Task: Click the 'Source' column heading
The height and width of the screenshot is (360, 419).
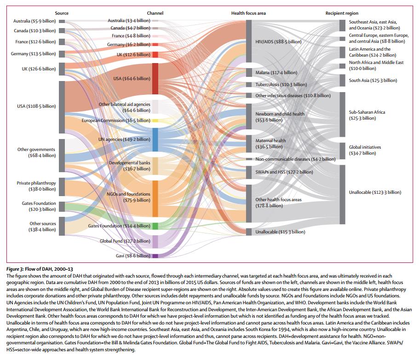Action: [62, 13]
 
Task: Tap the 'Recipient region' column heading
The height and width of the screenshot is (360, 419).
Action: [342, 13]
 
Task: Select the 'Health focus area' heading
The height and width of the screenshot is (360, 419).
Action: [248, 13]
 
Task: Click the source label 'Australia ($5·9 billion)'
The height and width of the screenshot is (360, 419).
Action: [34, 21]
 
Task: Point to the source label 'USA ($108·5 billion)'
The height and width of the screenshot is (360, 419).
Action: [36, 106]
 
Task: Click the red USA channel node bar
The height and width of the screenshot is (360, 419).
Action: [155, 79]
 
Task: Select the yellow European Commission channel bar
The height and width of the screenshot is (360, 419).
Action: [155, 121]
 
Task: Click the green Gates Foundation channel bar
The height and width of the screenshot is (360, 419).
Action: [155, 226]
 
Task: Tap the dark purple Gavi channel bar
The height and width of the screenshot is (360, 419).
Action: [155, 256]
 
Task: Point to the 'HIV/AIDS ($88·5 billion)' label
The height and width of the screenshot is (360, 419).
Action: [278, 42]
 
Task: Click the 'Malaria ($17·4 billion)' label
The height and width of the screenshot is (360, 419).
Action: [276, 73]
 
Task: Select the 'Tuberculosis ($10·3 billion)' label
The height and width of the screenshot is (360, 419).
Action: [281, 85]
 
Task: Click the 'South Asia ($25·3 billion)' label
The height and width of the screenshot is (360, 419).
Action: [373, 81]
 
